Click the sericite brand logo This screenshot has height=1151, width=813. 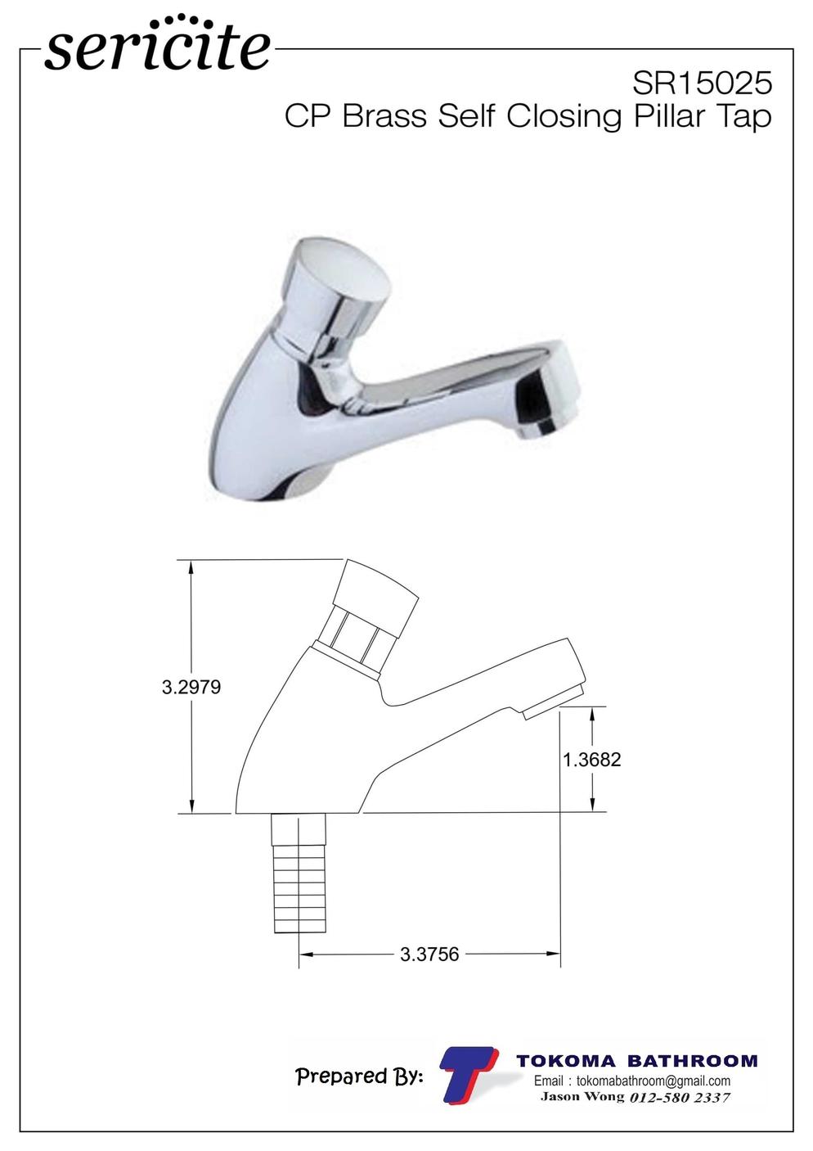[x=157, y=45]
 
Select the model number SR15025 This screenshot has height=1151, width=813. [x=702, y=83]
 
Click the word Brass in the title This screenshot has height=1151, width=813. [x=384, y=116]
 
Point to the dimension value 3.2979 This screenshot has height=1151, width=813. [x=191, y=687]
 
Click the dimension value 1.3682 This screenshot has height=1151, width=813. [x=592, y=759]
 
